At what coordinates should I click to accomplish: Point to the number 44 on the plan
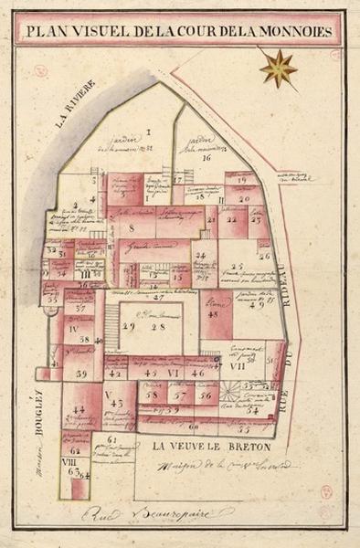point(79,409)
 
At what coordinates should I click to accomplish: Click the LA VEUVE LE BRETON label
point(202,447)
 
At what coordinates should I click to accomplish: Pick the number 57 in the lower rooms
point(181,395)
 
